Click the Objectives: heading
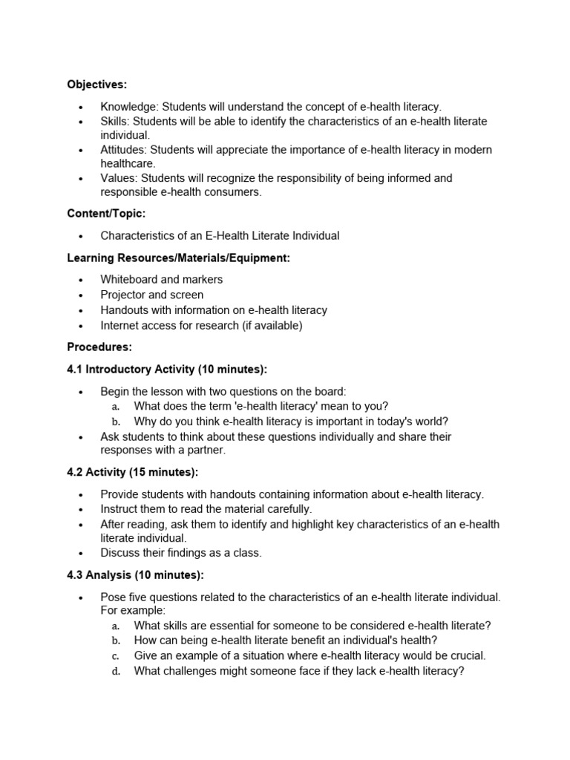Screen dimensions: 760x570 pos(96,85)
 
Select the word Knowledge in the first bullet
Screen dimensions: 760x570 pos(129,107)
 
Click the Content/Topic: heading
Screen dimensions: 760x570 pos(106,214)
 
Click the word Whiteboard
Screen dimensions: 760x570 pos(129,279)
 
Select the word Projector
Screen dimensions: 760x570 pos(124,295)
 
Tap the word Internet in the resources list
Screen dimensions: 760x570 pos(121,325)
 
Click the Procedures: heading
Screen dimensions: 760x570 pos(99,347)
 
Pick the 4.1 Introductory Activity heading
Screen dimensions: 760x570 pos(167,370)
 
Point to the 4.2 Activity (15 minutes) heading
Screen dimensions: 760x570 pos(133,472)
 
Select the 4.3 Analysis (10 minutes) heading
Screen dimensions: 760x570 pos(135,574)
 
